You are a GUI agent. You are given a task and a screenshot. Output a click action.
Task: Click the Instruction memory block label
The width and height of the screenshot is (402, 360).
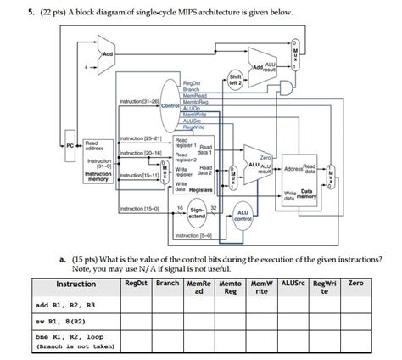pos(98,176)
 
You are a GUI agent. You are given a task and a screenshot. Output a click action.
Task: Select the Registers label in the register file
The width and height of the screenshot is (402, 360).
pos(200,189)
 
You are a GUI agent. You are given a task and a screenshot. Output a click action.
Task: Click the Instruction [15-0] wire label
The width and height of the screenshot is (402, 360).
pos(137,207)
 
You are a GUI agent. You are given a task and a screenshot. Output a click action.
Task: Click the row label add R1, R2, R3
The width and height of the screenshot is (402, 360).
pos(66,305)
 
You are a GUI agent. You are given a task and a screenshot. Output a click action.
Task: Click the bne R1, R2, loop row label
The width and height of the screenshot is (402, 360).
pos(70,337)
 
